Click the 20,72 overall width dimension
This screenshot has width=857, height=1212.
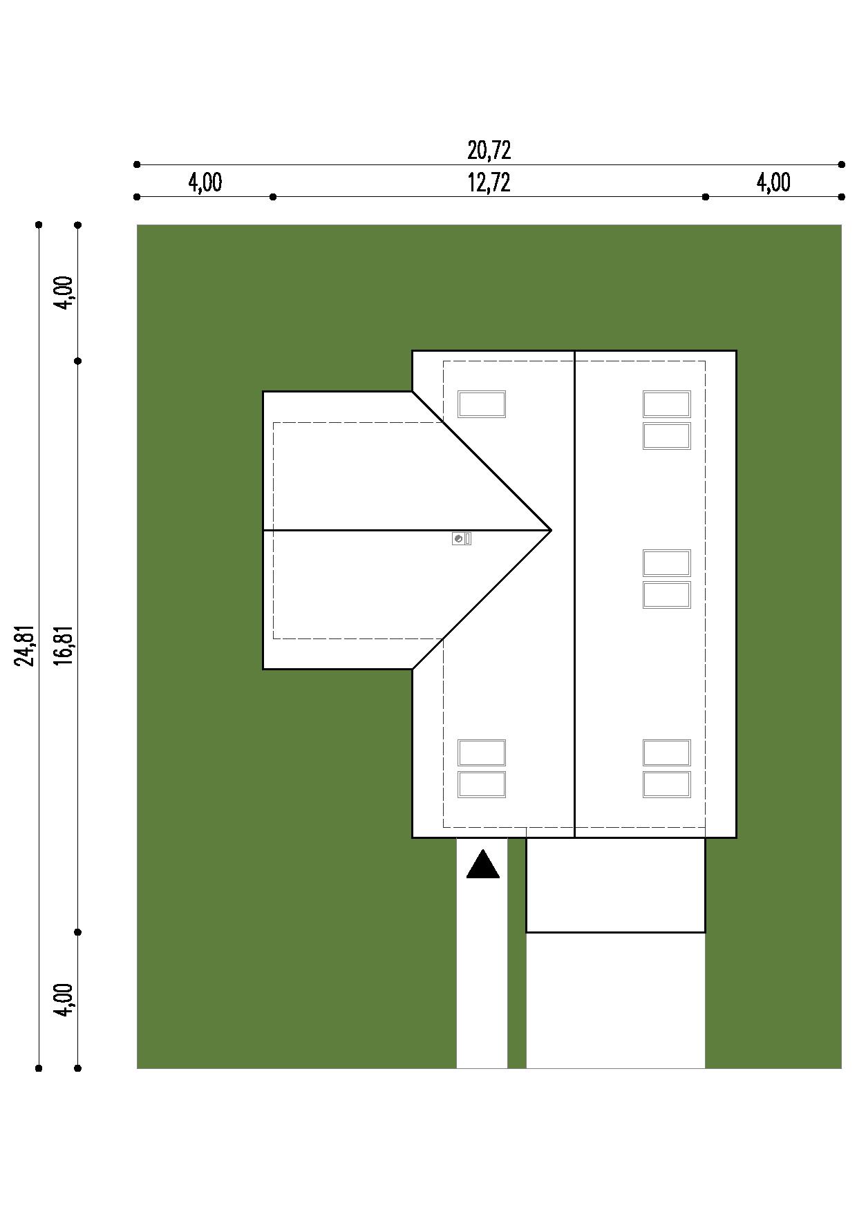[x=489, y=150]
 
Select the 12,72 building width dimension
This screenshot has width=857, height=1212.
[x=489, y=182]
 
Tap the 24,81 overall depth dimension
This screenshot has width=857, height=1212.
[x=26, y=646]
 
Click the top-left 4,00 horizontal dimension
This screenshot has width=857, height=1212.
[x=205, y=182]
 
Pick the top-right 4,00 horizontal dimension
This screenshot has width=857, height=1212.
[x=773, y=182]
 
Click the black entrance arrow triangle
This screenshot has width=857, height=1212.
[x=482, y=865]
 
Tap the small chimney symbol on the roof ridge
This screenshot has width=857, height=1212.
[x=462, y=538]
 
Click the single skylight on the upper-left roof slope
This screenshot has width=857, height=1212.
[x=482, y=404]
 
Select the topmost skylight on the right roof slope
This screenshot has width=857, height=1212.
[x=667, y=404]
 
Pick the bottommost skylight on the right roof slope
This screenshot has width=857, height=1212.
[x=667, y=784]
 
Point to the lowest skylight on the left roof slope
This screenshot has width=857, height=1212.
[x=482, y=784]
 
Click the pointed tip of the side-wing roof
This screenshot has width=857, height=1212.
[x=551, y=530]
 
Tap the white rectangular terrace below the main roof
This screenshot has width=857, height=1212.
[x=616, y=885]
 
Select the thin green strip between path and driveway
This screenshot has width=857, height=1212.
[x=517, y=954]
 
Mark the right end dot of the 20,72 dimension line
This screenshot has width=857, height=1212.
[x=841, y=164]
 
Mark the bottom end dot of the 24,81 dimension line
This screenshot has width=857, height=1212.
[x=39, y=1068]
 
